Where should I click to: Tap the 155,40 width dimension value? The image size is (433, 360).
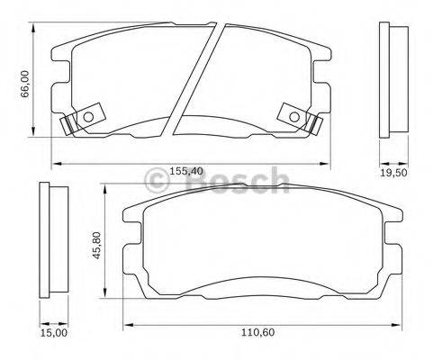[186, 170]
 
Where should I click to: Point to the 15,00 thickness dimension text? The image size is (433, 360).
[53, 331]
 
